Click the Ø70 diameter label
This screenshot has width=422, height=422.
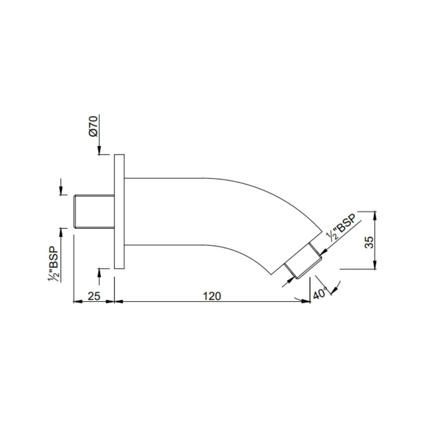[x=93, y=126]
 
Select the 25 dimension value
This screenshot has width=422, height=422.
[x=94, y=296]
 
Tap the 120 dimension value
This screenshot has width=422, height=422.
[x=212, y=296]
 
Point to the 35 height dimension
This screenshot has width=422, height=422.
[x=369, y=241]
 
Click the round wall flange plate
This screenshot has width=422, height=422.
[x=119, y=211]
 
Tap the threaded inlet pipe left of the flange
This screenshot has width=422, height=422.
[x=94, y=211]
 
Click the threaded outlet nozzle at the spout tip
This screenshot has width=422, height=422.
[x=303, y=261]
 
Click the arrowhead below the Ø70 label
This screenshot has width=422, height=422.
[x=99, y=151]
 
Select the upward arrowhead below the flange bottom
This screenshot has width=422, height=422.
[x=99, y=272]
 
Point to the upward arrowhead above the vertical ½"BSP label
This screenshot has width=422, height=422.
[x=61, y=232]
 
